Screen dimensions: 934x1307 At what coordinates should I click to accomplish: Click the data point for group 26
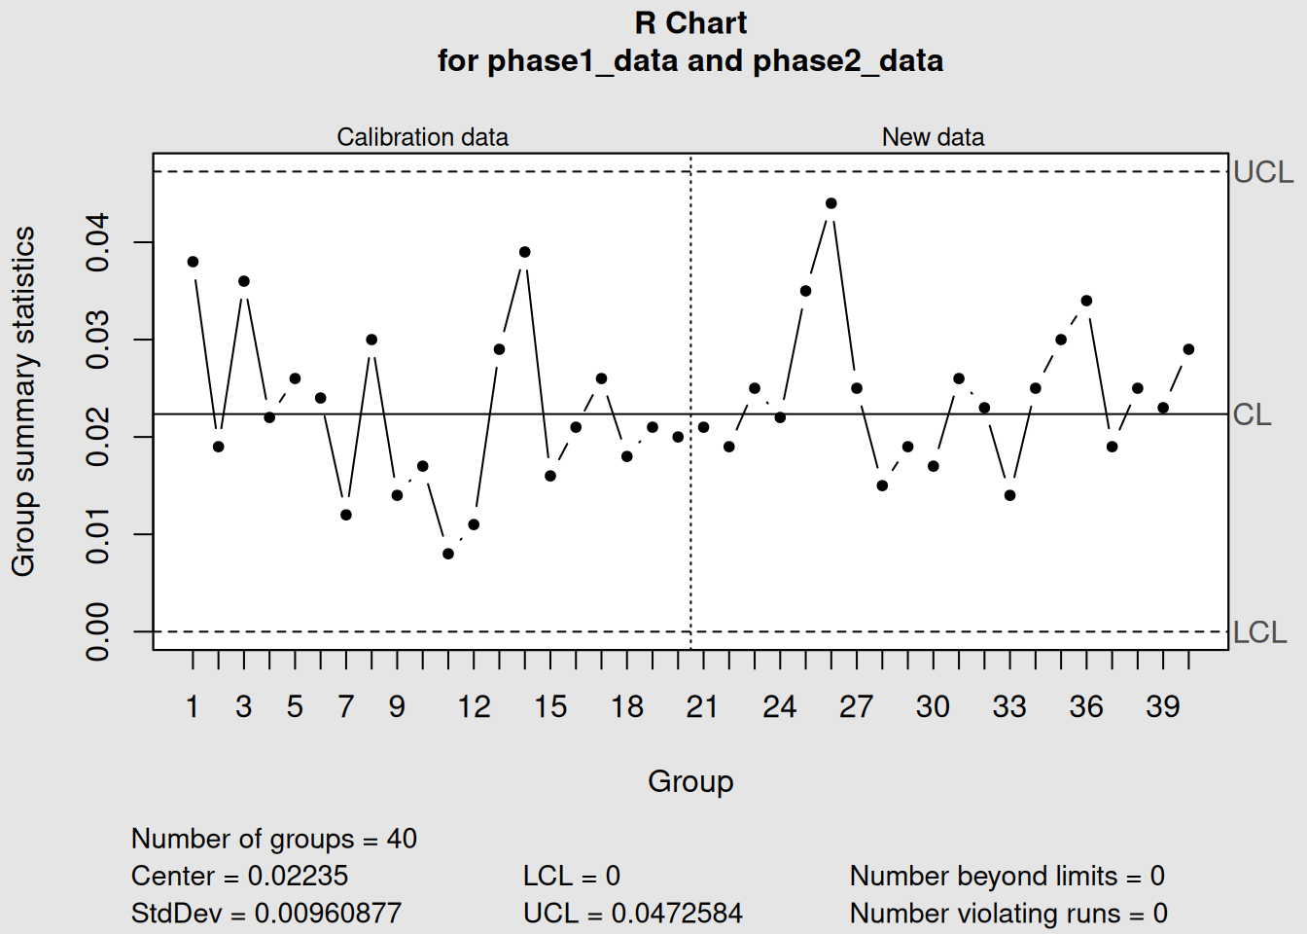tap(831, 203)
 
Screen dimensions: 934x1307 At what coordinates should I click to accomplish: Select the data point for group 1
tap(193, 262)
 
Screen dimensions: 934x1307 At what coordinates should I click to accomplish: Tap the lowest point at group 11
tap(448, 554)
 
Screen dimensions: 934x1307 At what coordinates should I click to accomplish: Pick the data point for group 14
tap(525, 252)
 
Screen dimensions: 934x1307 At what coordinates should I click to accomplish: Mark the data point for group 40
tap(1188, 349)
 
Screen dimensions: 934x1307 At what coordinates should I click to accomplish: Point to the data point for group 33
tap(1009, 495)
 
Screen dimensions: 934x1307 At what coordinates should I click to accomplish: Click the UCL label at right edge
tap(1263, 172)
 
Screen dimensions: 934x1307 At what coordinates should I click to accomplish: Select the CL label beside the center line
tap(1252, 415)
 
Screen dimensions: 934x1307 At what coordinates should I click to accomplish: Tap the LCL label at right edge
tap(1259, 632)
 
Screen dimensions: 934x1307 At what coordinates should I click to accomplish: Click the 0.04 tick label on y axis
tap(98, 242)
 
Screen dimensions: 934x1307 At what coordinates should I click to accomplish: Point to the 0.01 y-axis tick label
tap(98, 534)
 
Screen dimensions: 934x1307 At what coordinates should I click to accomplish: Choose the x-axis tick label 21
tap(702, 706)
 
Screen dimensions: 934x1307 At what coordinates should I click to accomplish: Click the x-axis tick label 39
tap(1162, 706)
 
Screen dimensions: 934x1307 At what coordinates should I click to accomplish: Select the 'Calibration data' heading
tap(422, 137)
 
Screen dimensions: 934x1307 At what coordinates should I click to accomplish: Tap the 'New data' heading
tap(933, 137)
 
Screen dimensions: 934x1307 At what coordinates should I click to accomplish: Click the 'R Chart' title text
tap(690, 23)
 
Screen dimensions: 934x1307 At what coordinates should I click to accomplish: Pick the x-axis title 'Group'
tap(690, 781)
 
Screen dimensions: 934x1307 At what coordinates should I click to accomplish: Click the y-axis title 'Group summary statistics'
tap(23, 401)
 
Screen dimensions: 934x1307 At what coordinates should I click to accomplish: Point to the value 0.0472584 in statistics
tap(677, 913)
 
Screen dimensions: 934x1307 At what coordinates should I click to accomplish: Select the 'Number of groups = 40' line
tap(273, 839)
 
